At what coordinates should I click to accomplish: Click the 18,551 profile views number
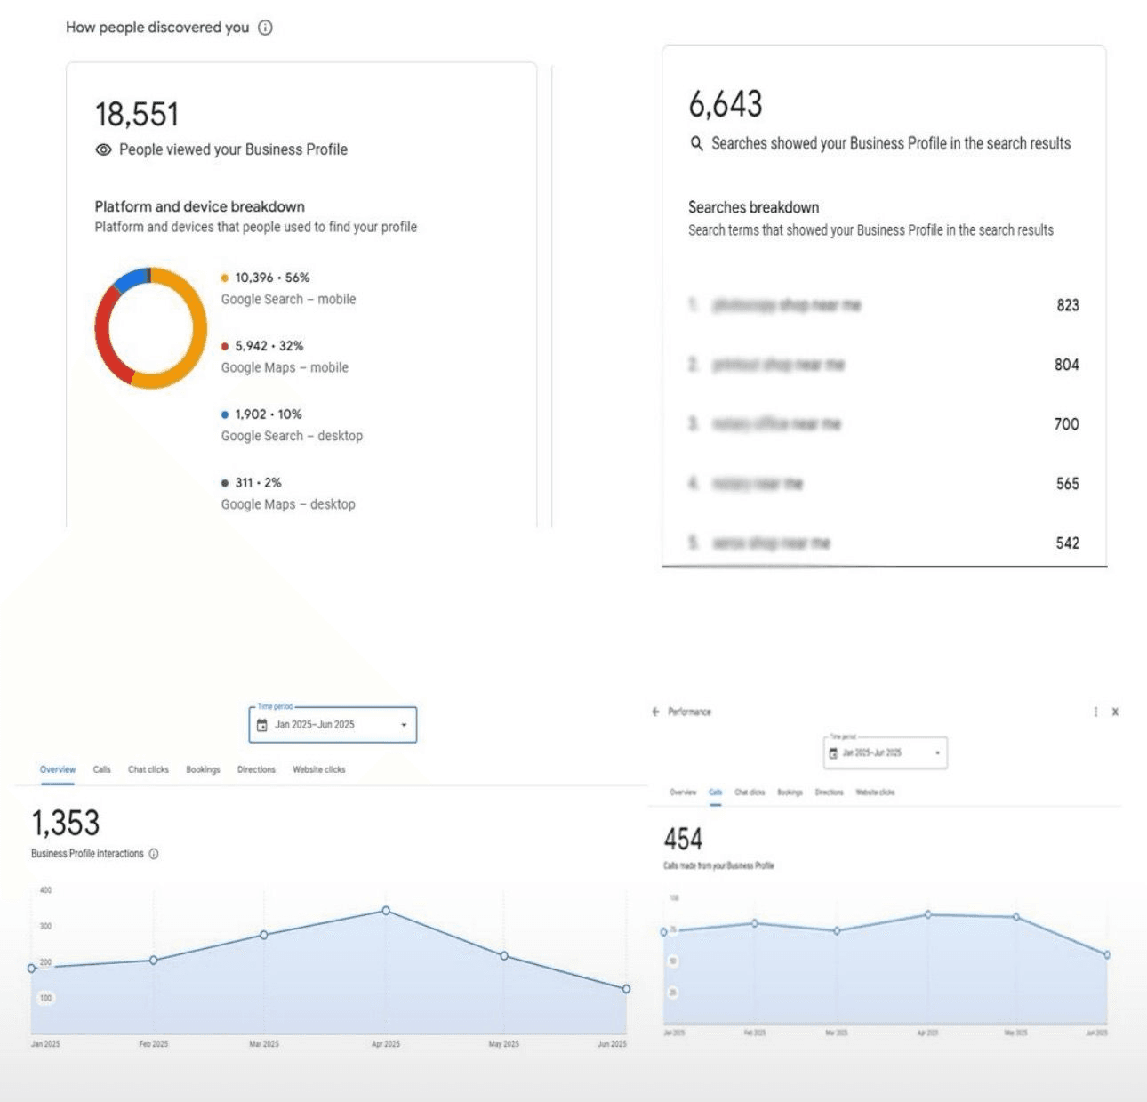[137, 115]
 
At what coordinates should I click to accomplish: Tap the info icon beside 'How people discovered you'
[265, 28]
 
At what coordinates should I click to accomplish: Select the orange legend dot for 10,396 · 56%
[224, 278]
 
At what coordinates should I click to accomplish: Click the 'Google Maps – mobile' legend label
[285, 367]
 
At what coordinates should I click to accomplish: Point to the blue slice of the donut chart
[130, 279]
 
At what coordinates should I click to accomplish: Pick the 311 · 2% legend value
[258, 482]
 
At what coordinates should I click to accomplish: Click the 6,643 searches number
[726, 104]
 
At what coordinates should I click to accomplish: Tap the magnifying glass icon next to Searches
[697, 143]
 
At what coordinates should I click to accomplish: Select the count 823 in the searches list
[1067, 305]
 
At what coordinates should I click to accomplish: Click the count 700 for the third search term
[1066, 424]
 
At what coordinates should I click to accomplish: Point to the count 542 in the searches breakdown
[1067, 543]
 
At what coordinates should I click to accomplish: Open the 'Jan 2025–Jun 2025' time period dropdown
[333, 725]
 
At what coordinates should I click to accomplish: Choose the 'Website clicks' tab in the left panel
[318, 769]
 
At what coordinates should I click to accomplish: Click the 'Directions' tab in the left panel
[256, 769]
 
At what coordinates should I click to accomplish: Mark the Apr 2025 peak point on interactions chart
[386, 911]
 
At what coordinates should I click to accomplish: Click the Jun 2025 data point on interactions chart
[626, 989]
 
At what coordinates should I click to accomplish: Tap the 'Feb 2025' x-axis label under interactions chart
[153, 1043]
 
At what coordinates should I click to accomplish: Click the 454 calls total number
[683, 839]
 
